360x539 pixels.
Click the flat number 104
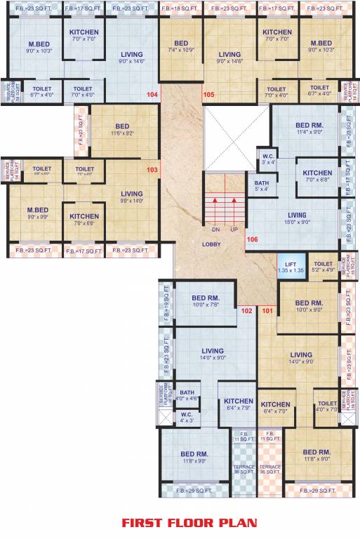coord(152,94)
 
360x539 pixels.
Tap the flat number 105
coord(208,94)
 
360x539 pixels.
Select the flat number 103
coord(152,170)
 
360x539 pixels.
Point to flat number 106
coord(253,239)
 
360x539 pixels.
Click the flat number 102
coord(247,310)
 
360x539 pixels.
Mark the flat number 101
coord(267,310)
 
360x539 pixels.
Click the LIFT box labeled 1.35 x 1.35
coord(290,266)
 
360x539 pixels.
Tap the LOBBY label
coord(211,244)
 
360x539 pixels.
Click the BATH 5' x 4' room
coord(261,185)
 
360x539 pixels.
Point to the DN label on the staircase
coord(215,229)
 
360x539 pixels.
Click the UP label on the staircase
coord(234,229)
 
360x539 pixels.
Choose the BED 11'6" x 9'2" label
coord(122,130)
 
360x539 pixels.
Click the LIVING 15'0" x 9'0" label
coord(298,219)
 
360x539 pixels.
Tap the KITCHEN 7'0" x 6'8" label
coord(317,176)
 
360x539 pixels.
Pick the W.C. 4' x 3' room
coord(187,418)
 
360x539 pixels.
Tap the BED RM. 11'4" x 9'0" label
coord(309,127)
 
